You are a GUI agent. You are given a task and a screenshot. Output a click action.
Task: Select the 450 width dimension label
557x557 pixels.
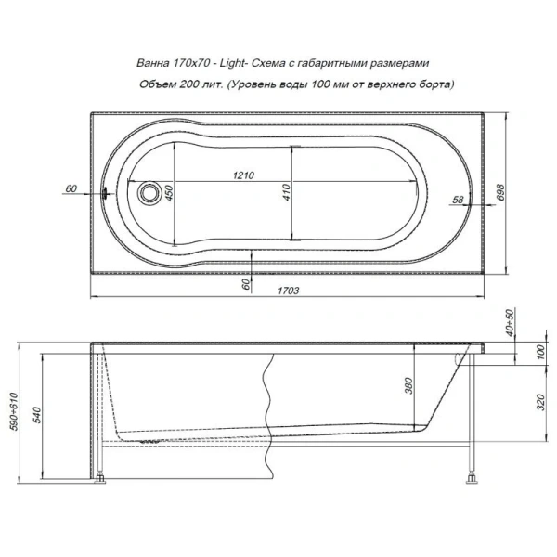tap(170, 193)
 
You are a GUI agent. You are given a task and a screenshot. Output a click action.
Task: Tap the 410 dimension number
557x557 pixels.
tap(289, 192)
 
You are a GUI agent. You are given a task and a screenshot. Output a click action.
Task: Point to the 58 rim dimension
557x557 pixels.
tap(457, 200)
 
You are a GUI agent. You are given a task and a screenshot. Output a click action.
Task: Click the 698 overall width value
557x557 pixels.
tap(500, 193)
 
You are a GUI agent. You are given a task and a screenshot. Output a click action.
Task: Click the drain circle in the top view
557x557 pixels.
tap(148, 194)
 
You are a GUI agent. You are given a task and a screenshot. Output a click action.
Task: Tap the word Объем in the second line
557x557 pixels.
tap(155, 84)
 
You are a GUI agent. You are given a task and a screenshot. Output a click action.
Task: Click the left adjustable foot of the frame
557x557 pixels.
tap(101, 481)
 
